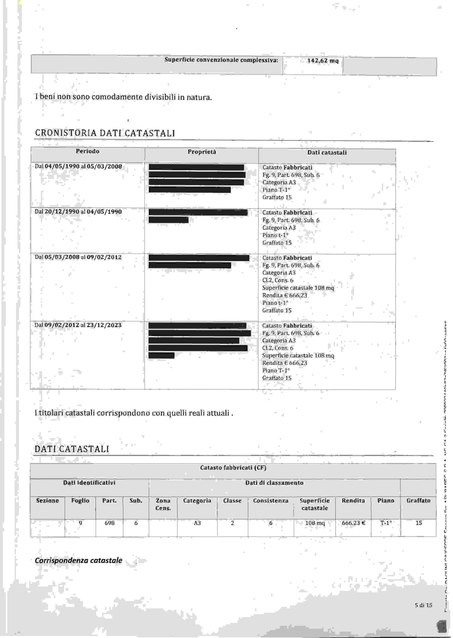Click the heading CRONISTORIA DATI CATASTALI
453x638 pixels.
click(105, 133)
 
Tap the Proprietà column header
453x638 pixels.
click(202, 152)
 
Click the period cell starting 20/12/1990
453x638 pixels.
click(78, 212)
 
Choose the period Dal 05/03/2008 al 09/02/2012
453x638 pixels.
click(78, 257)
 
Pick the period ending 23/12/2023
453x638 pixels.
click(78, 325)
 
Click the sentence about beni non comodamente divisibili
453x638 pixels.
click(123, 97)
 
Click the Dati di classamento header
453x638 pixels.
click(274, 483)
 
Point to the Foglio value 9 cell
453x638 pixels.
click(80, 523)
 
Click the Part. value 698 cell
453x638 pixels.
click(109, 523)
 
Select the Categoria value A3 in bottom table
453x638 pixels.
click(197, 523)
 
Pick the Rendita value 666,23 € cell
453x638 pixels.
click(353, 523)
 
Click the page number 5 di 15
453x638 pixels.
click(423, 605)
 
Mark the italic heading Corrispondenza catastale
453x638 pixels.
click(78, 560)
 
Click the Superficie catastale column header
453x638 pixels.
click(315, 504)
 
